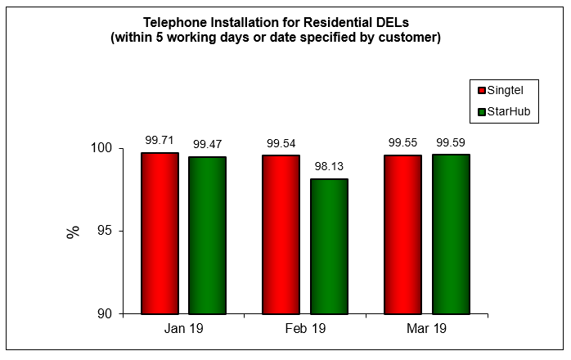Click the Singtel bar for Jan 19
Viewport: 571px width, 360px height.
(160, 233)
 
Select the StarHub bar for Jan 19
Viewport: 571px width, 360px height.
(207, 235)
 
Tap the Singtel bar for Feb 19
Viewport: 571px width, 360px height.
(281, 234)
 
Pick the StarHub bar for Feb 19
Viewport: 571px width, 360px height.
(329, 246)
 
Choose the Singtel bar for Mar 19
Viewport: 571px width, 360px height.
(402, 234)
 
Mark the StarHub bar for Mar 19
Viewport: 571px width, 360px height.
(451, 234)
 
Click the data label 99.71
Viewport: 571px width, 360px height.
(160, 140)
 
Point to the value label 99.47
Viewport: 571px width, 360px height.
(207, 144)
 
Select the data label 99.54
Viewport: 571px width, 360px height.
(281, 142)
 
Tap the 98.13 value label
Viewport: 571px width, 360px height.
(329, 166)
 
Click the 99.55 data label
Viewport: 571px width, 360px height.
(402, 142)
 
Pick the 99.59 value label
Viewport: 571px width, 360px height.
(451, 142)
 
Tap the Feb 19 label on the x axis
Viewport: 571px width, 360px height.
(304, 329)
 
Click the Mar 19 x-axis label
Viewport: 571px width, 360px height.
(426, 329)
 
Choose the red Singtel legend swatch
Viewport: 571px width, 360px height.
(482, 90)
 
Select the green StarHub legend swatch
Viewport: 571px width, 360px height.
(482, 111)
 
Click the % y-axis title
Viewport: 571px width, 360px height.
(74, 232)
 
